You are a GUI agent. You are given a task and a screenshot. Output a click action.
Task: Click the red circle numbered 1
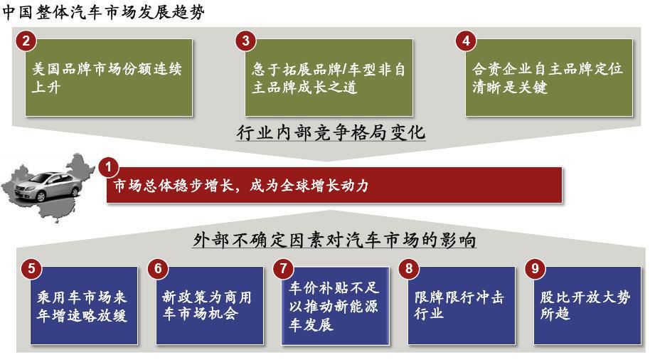pos(109,167)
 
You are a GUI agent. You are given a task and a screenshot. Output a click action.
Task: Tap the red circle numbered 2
pos(26,41)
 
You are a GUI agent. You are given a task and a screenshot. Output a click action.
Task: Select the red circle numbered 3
pos(246,41)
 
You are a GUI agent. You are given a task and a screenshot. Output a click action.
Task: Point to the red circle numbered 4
pos(466,41)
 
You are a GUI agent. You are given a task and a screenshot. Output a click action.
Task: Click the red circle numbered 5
pos(31,268)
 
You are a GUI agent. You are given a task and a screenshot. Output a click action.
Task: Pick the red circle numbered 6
pos(158,268)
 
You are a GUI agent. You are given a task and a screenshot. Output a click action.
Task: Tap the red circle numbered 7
pos(283,268)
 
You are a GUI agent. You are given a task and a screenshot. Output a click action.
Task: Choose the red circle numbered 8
pos(409,268)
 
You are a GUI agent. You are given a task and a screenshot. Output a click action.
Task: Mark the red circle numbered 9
pos(535,268)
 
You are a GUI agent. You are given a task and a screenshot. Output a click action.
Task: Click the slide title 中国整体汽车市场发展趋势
pos(103,11)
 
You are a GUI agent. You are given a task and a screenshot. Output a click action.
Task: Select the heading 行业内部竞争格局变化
pos(331,133)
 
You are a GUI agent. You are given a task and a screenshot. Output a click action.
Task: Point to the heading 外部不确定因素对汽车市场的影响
pos(334,240)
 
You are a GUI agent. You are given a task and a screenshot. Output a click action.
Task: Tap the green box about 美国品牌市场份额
pos(109,78)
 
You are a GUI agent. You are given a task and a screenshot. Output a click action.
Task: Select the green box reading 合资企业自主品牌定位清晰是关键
pos(549,78)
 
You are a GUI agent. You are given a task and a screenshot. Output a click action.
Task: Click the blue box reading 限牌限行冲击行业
pos(462,306)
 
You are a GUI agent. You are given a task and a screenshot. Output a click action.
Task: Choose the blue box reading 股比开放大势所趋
pos(587,306)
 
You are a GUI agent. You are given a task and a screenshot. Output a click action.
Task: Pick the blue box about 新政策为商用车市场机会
pos(210,306)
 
